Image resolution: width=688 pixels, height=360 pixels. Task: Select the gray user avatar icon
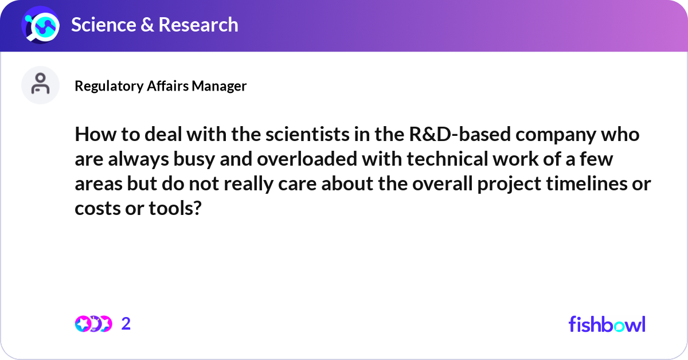pos(40,85)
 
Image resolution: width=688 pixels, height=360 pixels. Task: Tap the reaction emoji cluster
pos(93,324)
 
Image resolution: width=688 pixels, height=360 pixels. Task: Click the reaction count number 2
pos(126,324)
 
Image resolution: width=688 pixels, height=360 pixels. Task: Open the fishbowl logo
pos(607,324)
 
